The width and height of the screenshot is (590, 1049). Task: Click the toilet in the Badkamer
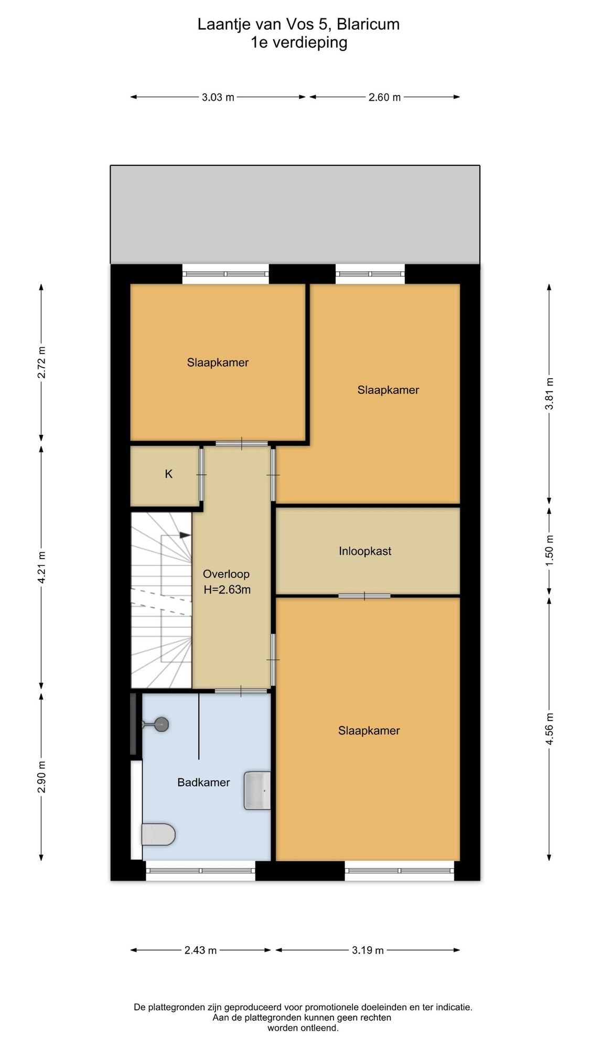[158, 834]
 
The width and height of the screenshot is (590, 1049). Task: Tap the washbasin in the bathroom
[258, 790]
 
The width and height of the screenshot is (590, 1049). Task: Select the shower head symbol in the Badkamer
[156, 724]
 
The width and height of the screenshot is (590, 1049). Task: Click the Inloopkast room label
[365, 551]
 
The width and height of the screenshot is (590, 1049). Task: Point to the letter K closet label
[169, 474]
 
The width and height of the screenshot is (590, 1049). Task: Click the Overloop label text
[226, 574]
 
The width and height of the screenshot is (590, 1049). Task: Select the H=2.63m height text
[227, 590]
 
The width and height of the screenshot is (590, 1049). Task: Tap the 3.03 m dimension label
[218, 98]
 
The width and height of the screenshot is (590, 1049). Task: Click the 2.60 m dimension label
[384, 98]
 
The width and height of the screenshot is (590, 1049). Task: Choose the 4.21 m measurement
[42, 567]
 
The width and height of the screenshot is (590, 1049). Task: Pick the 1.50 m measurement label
[549, 550]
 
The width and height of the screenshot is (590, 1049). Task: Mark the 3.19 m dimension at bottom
[368, 950]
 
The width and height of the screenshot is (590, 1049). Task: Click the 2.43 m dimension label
[200, 950]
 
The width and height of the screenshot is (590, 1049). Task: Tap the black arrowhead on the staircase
[185, 535]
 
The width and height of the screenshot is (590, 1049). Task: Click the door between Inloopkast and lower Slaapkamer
[364, 596]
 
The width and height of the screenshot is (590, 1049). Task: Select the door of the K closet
[201, 475]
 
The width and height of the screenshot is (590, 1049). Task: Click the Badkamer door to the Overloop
[241, 691]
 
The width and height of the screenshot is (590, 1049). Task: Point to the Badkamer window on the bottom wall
[200, 871]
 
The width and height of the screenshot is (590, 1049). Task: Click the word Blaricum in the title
[368, 24]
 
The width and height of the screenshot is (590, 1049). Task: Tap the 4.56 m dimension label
[549, 729]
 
